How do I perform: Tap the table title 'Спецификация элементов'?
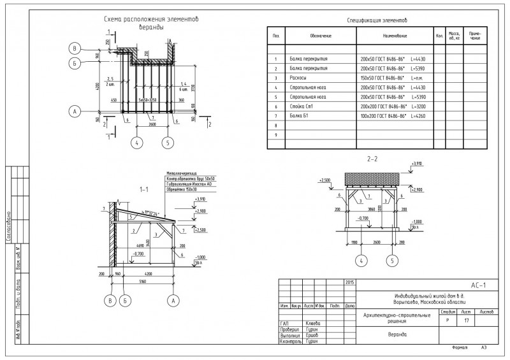[377, 21]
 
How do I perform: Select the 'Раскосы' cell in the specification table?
[298, 77]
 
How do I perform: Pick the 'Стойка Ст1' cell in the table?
[302, 106]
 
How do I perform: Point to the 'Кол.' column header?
[439, 36]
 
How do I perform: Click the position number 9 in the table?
[276, 135]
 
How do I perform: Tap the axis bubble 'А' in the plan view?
[75, 111]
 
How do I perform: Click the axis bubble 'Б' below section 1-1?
[126, 299]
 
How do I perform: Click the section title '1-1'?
[143, 189]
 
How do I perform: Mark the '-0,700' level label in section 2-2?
[363, 219]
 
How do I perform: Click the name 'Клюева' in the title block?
[313, 323]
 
